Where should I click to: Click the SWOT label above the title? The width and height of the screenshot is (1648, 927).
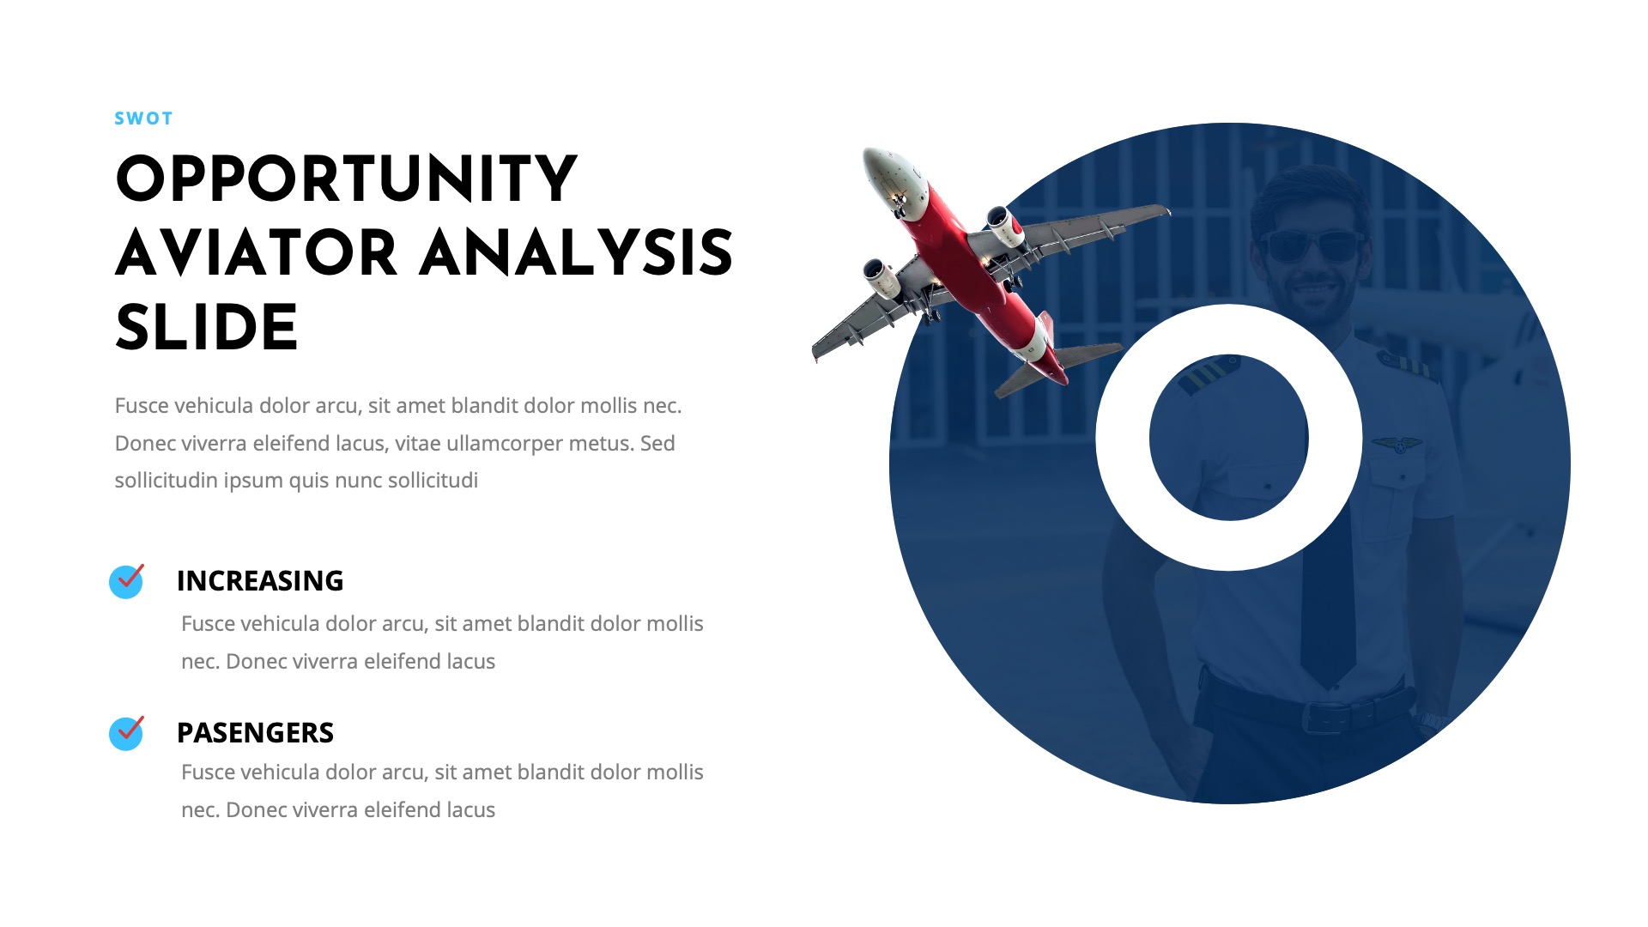[143, 118]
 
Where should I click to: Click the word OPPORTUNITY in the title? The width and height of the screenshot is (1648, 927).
[346, 180]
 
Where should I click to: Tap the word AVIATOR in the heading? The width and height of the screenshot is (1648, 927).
[256, 254]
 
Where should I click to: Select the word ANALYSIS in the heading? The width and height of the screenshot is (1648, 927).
[576, 254]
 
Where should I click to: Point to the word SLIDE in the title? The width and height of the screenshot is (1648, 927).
[206, 328]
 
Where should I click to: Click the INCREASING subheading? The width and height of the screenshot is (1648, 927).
[259, 581]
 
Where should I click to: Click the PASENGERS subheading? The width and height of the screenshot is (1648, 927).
[255, 733]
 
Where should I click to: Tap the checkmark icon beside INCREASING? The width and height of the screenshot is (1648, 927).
[126, 581]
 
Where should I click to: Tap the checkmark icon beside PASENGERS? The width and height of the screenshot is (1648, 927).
[126, 733]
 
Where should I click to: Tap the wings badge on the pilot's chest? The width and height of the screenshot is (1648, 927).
[1397, 445]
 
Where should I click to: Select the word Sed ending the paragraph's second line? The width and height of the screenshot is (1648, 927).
[657, 444]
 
